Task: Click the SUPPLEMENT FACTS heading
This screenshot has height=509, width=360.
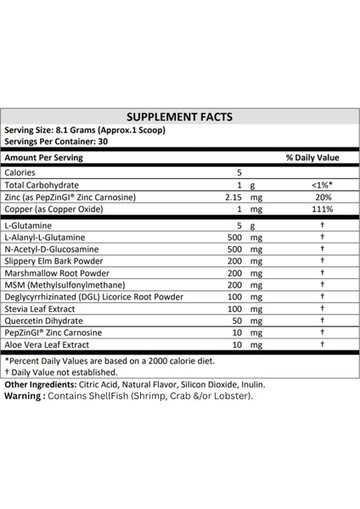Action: click(x=179, y=118)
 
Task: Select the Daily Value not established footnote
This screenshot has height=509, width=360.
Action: click(x=61, y=372)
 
